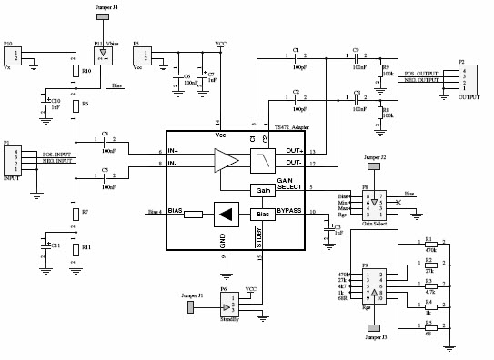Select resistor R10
[x=76, y=70]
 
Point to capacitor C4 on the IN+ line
[x=106, y=142]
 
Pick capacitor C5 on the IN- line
[x=106, y=176]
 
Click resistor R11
[x=76, y=247]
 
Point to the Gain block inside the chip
[x=263, y=190]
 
